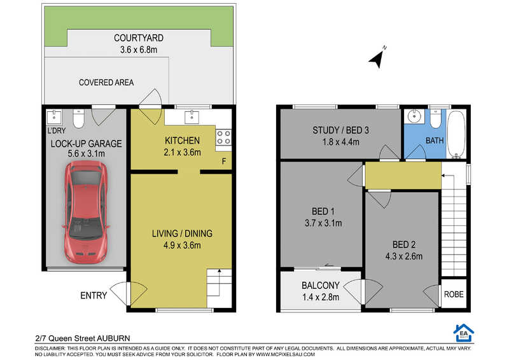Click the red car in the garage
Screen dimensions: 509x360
click(85, 212)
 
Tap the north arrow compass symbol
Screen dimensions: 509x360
click(377, 59)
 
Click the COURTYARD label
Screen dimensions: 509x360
click(139, 38)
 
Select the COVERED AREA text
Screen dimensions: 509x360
click(106, 83)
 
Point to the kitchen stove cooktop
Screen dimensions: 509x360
click(224, 137)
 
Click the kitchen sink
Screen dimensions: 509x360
click(192, 117)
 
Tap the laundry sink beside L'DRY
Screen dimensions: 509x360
click(54, 117)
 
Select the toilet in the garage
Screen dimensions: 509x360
click(78, 118)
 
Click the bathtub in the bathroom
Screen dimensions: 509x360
click(456, 134)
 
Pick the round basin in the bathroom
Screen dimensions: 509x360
click(414, 116)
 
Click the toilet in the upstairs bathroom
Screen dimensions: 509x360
click(435, 119)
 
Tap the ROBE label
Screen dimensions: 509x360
click(454, 294)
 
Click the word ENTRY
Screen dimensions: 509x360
click(94, 295)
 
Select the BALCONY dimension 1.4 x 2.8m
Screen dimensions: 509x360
click(321, 297)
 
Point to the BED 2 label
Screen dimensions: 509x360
click(404, 244)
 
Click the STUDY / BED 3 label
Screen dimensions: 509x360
click(340, 130)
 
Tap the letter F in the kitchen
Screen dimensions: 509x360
click(224, 162)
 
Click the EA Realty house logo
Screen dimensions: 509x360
click(464, 333)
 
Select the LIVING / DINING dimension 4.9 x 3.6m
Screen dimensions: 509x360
click(182, 245)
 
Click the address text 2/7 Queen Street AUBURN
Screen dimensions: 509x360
click(83, 338)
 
